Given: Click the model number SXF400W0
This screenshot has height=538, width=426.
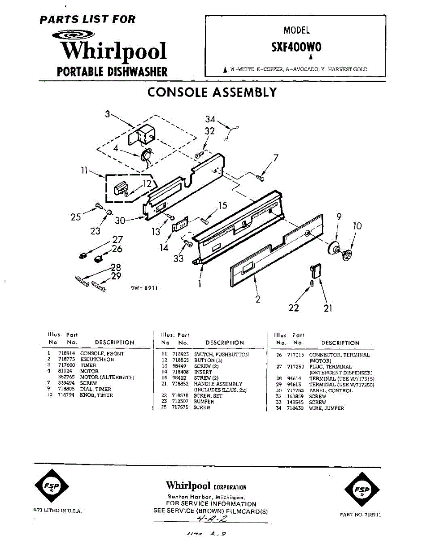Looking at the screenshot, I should (x=296, y=48).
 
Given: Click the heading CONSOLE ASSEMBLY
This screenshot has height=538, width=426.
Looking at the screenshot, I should (x=212, y=92).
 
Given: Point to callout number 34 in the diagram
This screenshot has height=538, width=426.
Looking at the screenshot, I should (x=211, y=119).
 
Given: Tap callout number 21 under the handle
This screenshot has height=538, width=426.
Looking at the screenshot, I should (x=328, y=308).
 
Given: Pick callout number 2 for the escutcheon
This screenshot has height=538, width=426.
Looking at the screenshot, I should (x=258, y=299).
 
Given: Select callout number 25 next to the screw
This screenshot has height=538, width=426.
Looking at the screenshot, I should (x=76, y=217).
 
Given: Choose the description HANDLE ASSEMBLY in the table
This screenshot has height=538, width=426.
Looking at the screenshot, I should (x=218, y=384).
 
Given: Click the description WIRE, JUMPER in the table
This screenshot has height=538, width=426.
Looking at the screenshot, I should (x=327, y=408).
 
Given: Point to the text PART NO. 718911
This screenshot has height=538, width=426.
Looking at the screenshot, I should (x=361, y=515).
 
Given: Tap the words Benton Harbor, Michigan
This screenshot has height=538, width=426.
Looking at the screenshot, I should (x=206, y=498).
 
